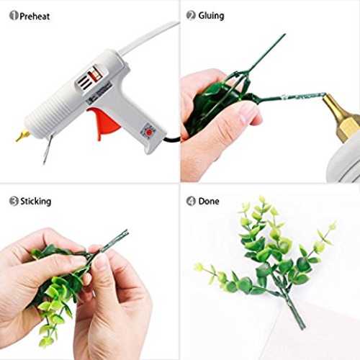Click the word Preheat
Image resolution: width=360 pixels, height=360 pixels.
click(35, 17)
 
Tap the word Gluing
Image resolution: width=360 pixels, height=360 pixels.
click(211, 16)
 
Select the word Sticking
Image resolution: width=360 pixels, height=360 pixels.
click(35, 201)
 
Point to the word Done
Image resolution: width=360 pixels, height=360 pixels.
click(209, 201)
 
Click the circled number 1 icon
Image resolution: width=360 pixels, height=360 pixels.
click(14, 16)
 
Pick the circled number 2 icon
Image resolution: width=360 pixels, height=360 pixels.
click(191, 15)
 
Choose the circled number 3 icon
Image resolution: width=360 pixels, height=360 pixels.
click(14, 201)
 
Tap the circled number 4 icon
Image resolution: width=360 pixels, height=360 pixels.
click(191, 201)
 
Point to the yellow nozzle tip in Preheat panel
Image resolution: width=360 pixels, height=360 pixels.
click(22, 135)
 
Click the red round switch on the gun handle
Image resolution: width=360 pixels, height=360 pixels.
click(149, 132)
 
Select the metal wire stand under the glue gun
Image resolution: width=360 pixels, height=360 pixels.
click(48, 149)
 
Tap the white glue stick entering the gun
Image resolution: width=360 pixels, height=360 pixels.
click(149, 37)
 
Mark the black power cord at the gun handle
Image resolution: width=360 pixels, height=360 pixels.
click(171, 139)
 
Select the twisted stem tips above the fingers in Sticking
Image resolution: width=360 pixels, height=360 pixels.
click(117, 239)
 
